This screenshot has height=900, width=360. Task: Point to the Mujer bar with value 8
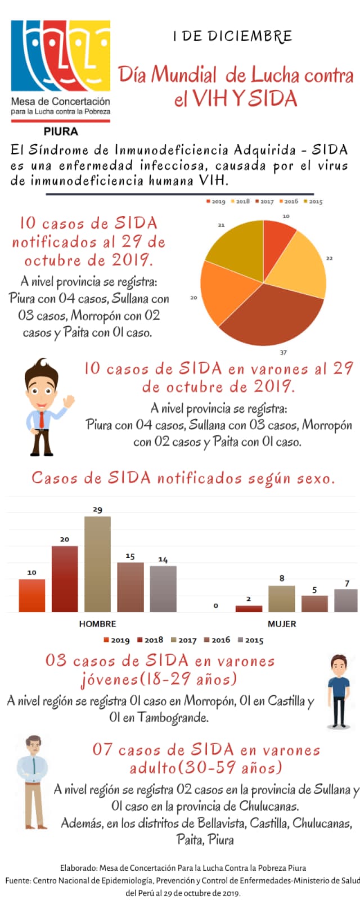(x=281, y=598)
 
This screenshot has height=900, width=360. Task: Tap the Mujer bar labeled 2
(x=249, y=609)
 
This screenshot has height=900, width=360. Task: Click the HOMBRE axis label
(x=97, y=624)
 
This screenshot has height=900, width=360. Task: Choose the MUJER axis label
(x=281, y=624)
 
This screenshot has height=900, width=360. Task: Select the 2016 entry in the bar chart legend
(x=217, y=640)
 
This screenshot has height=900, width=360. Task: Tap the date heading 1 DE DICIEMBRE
(x=232, y=37)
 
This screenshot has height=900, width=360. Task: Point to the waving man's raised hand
(x=69, y=401)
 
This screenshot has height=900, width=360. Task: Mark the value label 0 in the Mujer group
(x=215, y=606)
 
